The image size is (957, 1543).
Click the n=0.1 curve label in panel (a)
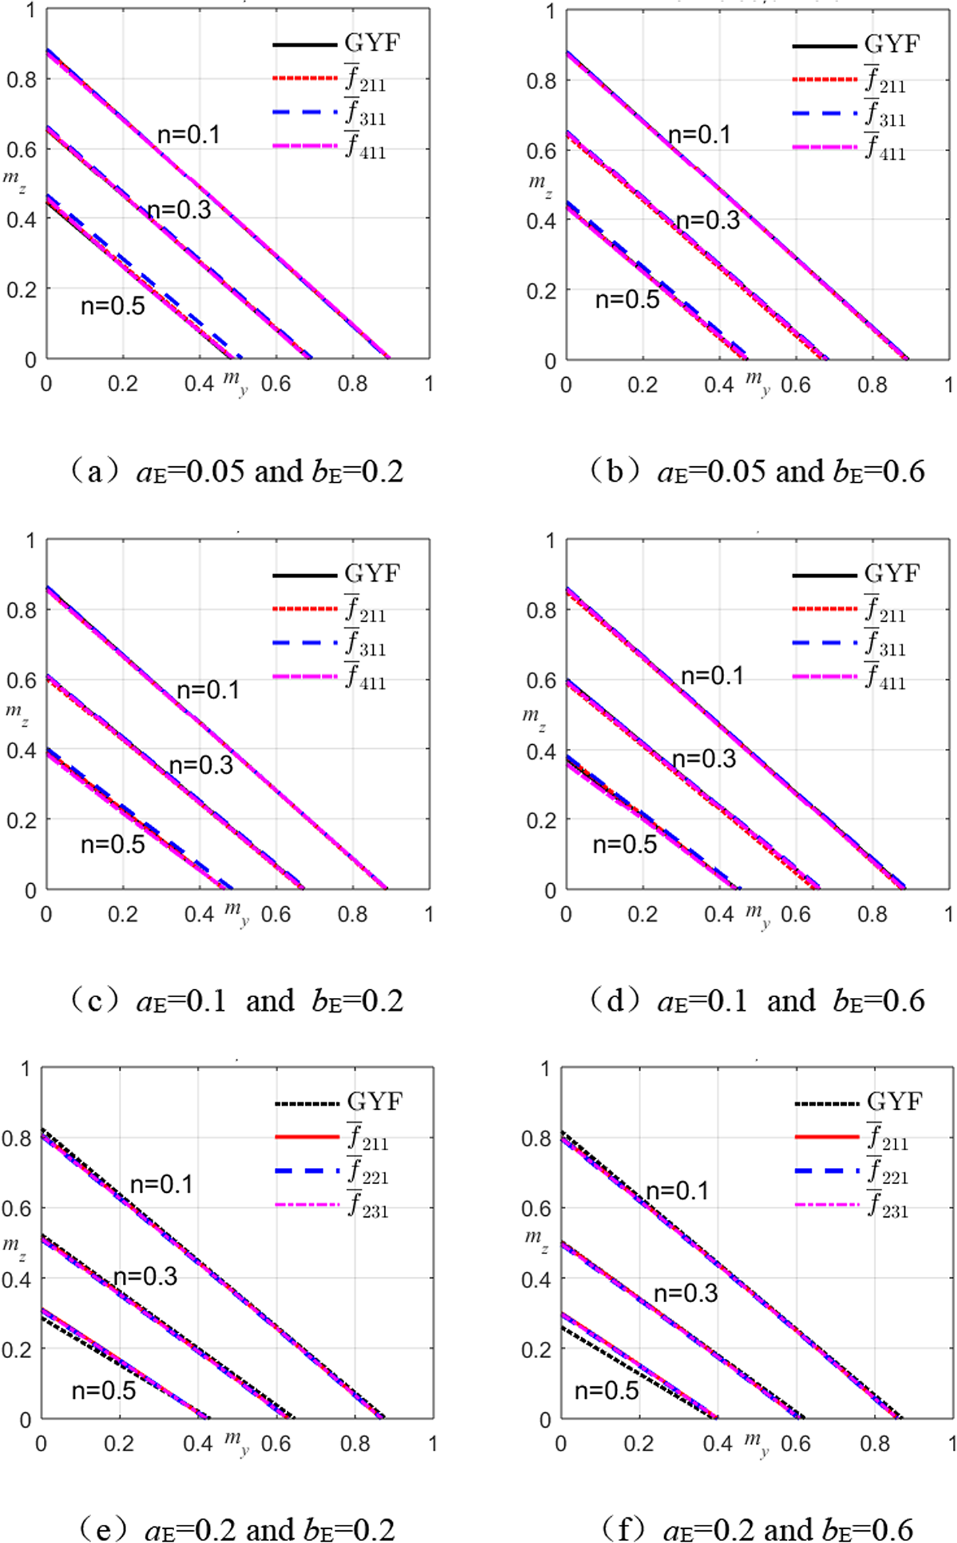coord(189,135)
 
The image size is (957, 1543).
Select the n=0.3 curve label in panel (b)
coord(708,221)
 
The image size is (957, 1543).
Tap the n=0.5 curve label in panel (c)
coord(113,844)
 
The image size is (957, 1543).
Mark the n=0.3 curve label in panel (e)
coord(145,1277)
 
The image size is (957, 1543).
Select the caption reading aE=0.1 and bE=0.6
coord(757,1000)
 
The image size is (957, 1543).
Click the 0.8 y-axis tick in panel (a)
coord(21,80)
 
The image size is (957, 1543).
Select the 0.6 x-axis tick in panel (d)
coord(796,914)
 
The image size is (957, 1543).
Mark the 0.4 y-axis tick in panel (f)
coord(536,1279)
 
